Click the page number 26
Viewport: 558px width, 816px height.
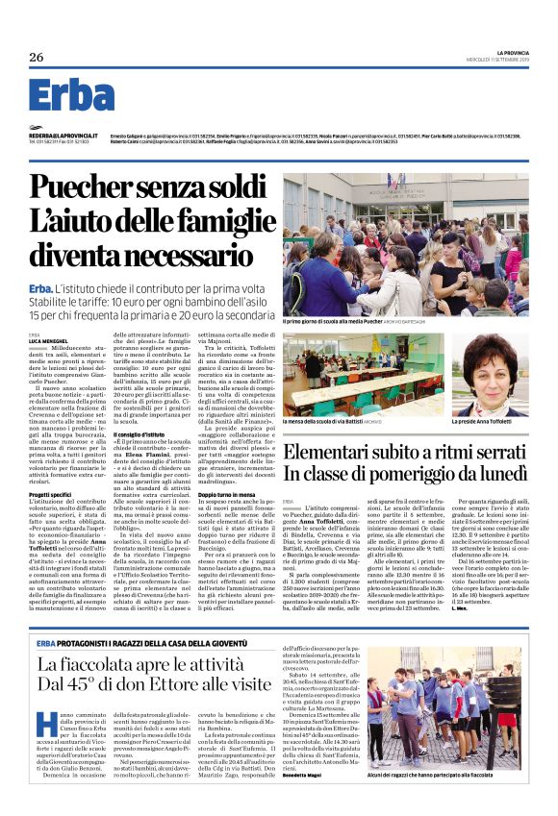pyautogui.click(x=37, y=58)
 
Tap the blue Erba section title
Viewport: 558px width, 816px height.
pyautogui.click(x=71, y=95)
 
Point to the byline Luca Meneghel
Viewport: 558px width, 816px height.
pyautogui.click(x=47, y=342)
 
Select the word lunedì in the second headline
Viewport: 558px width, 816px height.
pyautogui.click(x=497, y=473)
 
